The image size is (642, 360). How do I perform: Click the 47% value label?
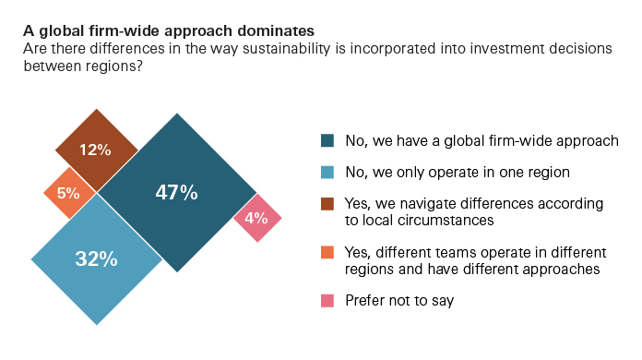tap(175, 193)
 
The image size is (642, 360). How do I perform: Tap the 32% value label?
tap(96, 259)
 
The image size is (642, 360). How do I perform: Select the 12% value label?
tap(95, 150)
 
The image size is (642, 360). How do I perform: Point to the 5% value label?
tap(68, 194)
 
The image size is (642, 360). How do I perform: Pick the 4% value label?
tap(256, 219)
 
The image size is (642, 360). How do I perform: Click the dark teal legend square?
tap(327, 141)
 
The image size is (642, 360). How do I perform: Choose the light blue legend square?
tap(327, 172)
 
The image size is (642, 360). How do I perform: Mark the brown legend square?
tap(327, 202)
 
